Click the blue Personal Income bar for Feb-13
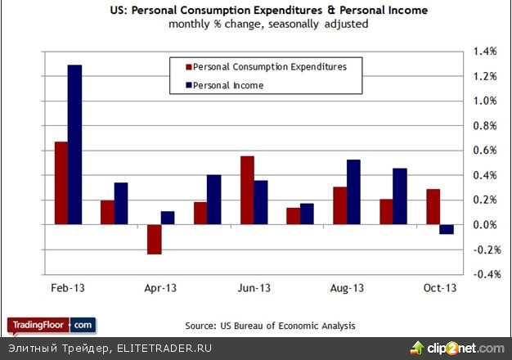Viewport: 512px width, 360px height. [x=74, y=144]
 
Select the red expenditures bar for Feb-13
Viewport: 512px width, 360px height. [x=61, y=182]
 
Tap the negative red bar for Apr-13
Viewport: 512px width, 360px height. [x=154, y=239]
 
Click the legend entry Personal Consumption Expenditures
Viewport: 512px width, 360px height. [x=267, y=67]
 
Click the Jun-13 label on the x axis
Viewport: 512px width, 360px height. [x=254, y=288]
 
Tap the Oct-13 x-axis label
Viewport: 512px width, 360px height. [x=439, y=288]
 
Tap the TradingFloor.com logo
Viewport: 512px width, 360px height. [x=52, y=326]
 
